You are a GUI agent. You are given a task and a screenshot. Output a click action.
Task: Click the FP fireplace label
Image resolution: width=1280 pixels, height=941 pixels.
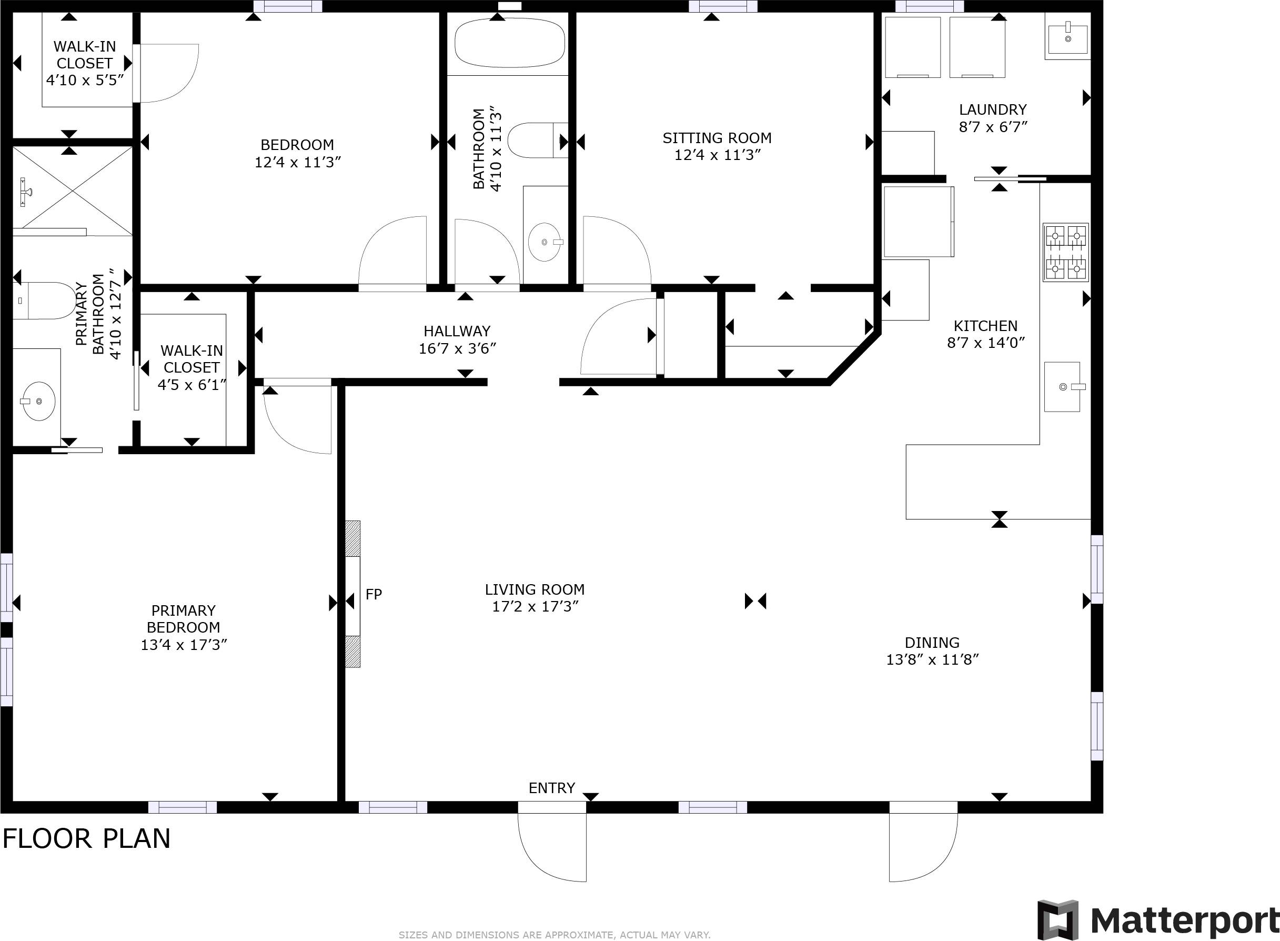(374, 594)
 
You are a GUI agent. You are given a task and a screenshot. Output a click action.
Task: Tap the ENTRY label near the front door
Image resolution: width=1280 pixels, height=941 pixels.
(551, 788)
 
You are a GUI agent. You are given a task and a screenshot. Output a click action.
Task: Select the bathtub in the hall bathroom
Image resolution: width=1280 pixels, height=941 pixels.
(510, 43)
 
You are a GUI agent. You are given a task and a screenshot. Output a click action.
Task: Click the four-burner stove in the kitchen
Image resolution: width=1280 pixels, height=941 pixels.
(1065, 252)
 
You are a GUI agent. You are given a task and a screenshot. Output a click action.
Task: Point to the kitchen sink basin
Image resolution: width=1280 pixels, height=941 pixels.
(1062, 387)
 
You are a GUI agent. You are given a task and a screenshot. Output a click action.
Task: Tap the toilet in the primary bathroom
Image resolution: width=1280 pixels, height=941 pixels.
(46, 300)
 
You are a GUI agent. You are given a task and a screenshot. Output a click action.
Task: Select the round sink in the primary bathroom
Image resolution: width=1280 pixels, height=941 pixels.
(39, 402)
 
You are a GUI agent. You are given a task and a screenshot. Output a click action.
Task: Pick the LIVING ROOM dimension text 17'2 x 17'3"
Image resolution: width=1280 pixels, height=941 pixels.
(535, 607)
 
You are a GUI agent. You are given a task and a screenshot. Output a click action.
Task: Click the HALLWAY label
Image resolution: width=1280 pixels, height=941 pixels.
(457, 331)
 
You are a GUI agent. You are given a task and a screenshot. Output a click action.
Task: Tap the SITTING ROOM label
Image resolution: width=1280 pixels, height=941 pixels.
(717, 138)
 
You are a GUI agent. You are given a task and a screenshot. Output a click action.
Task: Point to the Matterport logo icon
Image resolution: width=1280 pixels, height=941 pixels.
(1057, 920)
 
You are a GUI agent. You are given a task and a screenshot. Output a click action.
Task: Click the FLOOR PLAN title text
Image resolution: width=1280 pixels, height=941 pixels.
(87, 839)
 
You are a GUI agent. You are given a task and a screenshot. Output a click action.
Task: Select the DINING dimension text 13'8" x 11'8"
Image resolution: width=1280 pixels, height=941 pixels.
(932, 659)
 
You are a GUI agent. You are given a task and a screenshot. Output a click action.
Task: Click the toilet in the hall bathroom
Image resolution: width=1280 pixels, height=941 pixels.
(532, 141)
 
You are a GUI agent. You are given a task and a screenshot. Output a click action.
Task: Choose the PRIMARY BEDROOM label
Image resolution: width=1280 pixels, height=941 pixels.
(183, 618)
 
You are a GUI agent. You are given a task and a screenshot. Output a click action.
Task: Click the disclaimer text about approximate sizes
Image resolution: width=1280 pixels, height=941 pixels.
(554, 935)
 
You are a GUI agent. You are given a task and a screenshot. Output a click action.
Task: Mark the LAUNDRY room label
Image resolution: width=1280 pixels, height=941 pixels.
(992, 109)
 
